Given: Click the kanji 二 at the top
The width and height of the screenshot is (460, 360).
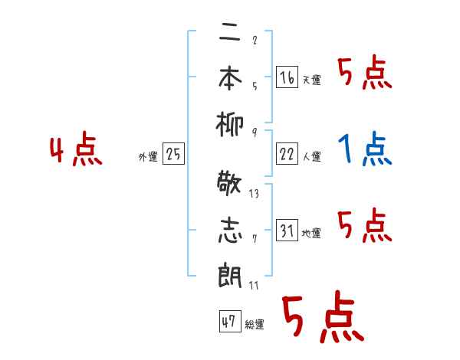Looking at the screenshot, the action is click(x=231, y=34).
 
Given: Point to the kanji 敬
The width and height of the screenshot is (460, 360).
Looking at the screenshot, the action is click(x=231, y=186).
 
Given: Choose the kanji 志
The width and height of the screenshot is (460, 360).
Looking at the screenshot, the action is click(x=231, y=231).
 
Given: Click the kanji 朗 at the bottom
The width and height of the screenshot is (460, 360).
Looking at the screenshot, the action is click(x=231, y=275).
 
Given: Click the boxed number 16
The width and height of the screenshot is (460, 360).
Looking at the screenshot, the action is click(x=287, y=77).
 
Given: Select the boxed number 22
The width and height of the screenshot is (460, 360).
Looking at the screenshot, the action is click(x=287, y=154).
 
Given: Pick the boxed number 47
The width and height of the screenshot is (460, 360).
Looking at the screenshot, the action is click(x=229, y=322).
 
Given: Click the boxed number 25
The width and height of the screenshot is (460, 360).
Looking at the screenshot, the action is click(x=173, y=155).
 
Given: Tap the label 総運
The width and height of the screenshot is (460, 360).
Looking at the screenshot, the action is click(x=254, y=325).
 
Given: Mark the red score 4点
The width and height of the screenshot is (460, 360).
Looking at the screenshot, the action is click(x=76, y=150).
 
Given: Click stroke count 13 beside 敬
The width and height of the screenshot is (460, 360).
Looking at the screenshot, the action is click(x=254, y=194).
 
